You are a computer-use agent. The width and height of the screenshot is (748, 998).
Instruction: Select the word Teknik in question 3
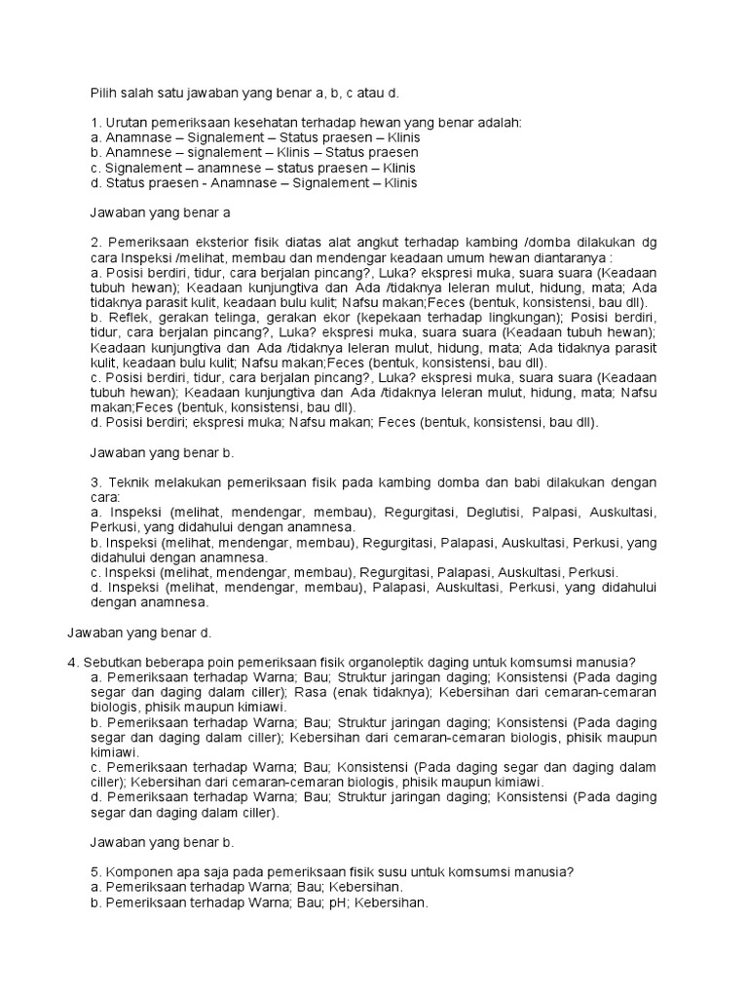pyautogui.click(x=127, y=483)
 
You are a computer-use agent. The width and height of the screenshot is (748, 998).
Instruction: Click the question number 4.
pyautogui.click(x=72, y=662)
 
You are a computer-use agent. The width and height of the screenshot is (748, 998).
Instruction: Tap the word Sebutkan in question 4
pyautogui.click(x=111, y=662)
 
